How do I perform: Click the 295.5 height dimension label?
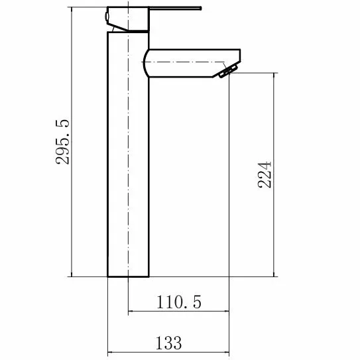62,142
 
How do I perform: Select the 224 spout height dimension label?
265,175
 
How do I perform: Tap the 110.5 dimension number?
179,302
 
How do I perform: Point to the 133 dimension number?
169,343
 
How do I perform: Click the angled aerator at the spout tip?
228,71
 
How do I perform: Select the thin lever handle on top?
176,9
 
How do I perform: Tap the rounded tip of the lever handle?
201,9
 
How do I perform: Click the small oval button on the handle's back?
107,17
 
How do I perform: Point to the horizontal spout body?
192,63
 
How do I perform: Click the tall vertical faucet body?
128,154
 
